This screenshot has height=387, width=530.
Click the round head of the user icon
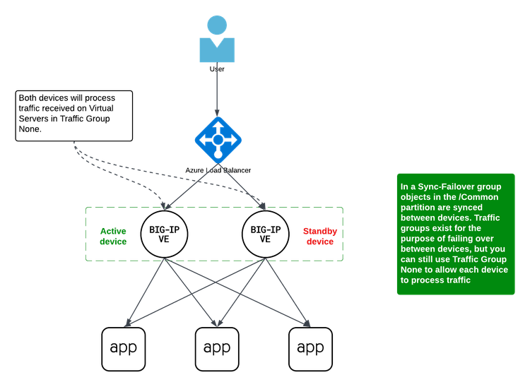coord(217,25)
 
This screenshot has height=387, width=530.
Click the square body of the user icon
coord(216,51)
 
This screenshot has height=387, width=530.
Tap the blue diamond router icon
coord(218,139)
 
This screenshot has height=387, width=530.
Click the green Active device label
coord(114,237)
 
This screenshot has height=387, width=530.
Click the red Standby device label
coord(319,237)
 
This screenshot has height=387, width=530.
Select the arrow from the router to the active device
coord(192,186)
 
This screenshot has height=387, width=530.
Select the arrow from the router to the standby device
coord(242,186)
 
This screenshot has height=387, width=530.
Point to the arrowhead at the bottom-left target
coord(128,324)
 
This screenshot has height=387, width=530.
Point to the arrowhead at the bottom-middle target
coord(218,323)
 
